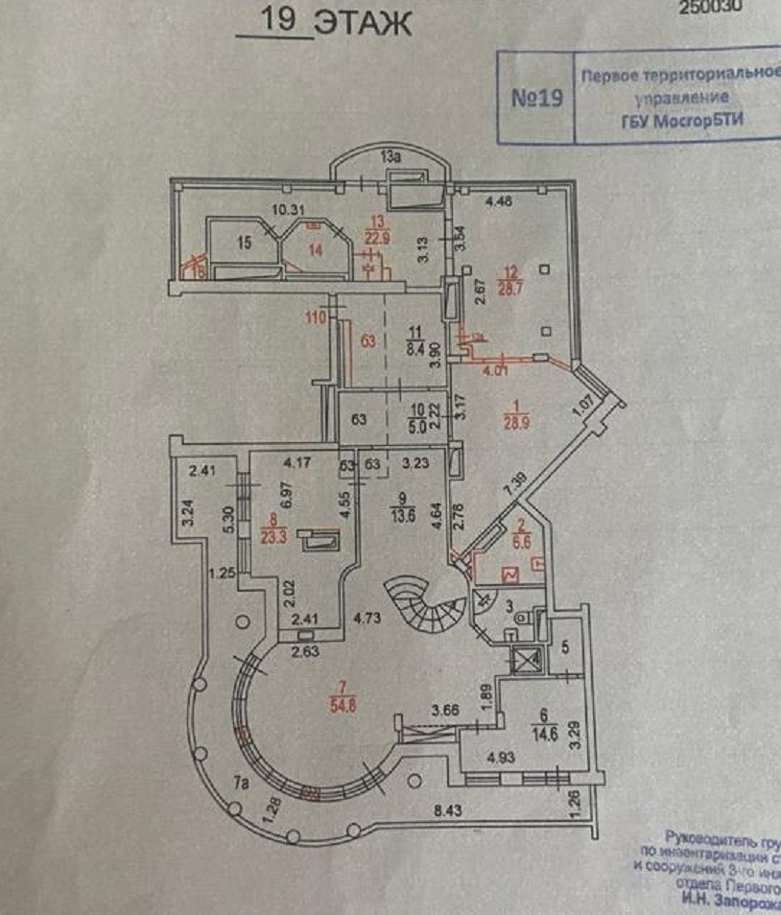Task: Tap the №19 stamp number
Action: click(537, 98)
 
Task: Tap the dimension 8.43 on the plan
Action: click(447, 811)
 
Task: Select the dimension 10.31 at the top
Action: click(286, 211)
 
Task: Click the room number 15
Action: click(245, 243)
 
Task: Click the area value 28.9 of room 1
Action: click(517, 421)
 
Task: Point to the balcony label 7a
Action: click(244, 783)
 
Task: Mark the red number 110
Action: click(316, 318)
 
